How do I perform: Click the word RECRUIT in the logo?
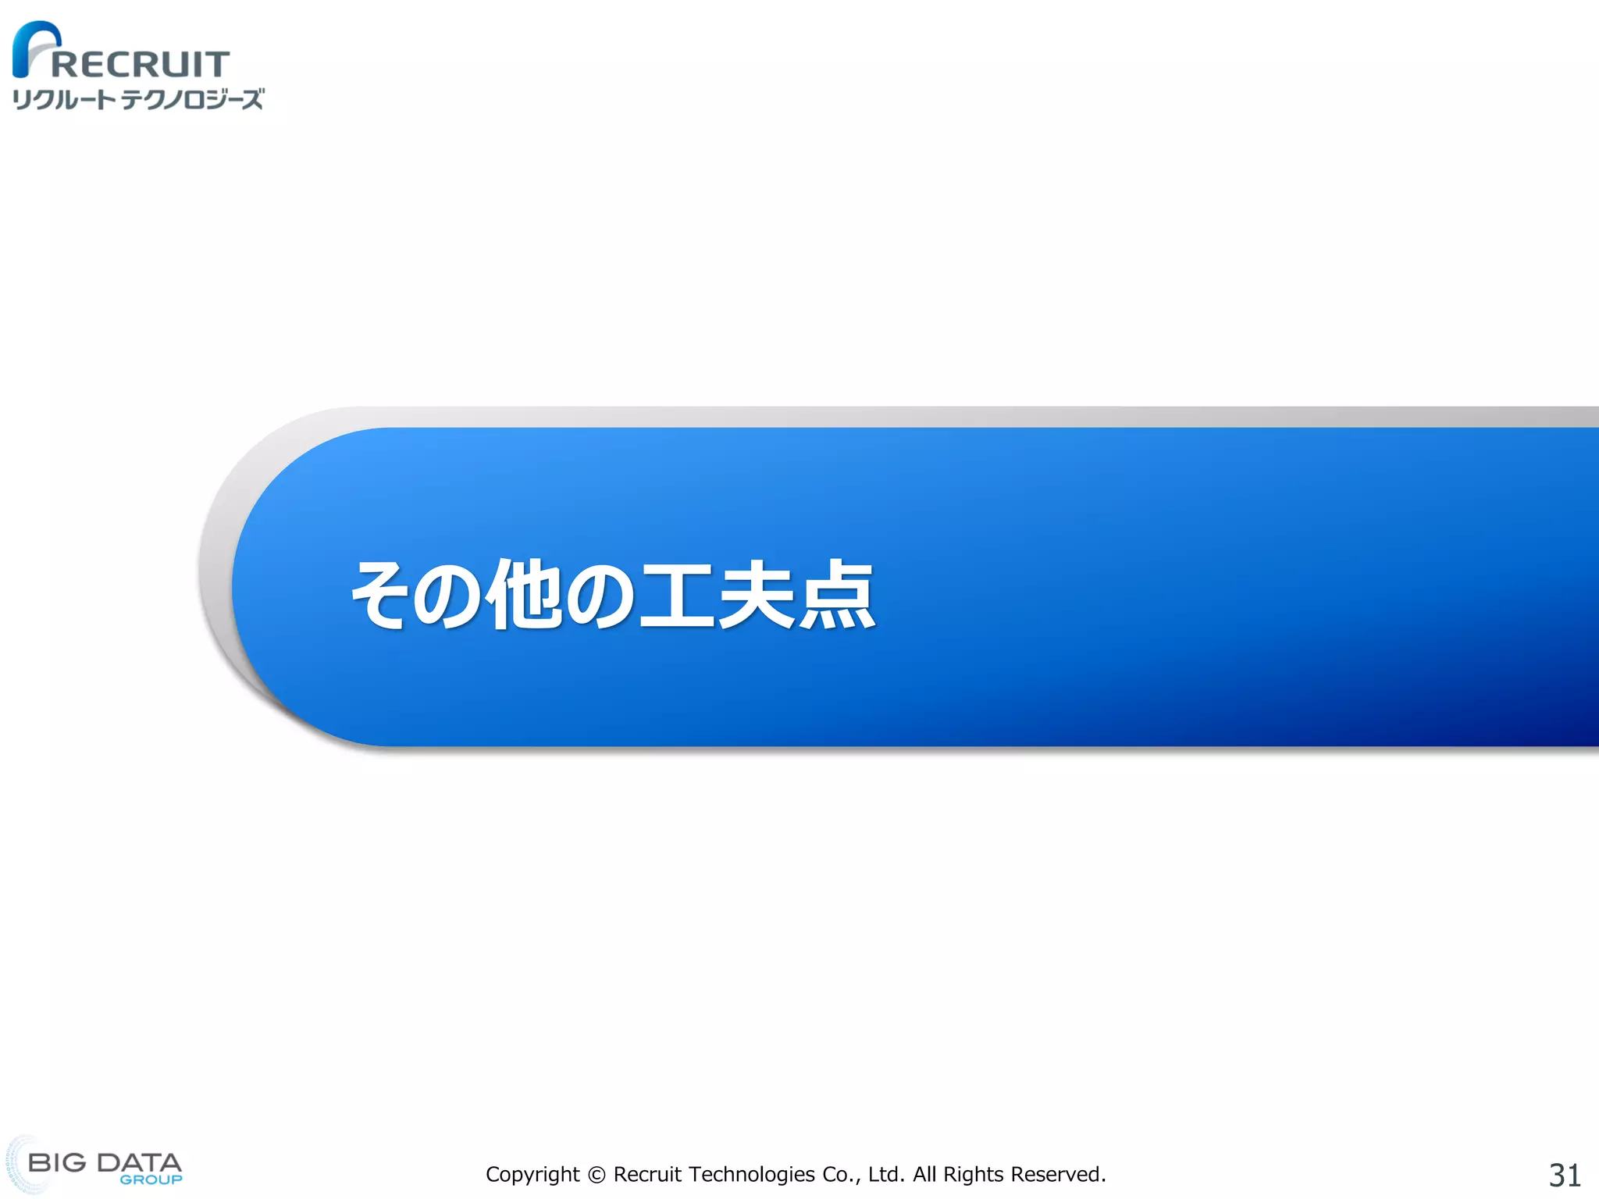[141, 64]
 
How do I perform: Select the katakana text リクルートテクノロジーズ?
[138, 99]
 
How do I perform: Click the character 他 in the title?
[525, 595]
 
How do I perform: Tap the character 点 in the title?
[835, 595]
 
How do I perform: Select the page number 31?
[1565, 1175]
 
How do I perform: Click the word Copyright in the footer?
[532, 1175]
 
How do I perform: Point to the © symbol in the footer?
[597, 1175]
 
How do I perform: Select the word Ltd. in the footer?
[886, 1175]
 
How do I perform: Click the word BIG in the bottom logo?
[57, 1162]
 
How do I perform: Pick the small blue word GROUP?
[151, 1179]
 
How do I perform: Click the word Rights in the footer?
[973, 1175]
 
